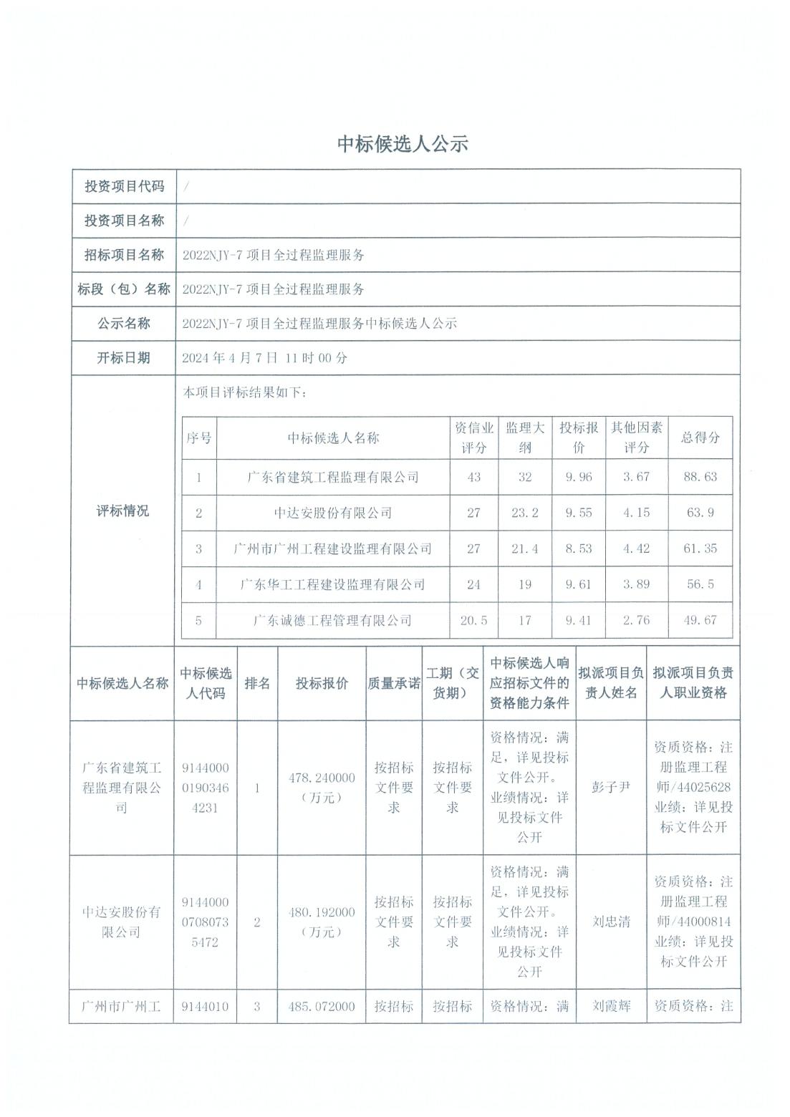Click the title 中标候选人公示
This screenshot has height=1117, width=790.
403,144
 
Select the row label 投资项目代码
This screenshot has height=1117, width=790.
125,186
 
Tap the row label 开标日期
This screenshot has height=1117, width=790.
124,358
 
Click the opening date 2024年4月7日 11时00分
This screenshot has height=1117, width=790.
264,358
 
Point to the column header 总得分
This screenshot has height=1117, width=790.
700,437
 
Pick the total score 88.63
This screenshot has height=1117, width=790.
700,477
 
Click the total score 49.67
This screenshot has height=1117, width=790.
700,620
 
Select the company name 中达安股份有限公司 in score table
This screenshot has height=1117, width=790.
333,513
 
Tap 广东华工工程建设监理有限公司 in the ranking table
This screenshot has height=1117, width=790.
333,584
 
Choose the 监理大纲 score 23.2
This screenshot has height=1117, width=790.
525,513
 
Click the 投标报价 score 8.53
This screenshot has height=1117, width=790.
579,548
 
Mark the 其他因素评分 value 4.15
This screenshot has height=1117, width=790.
636,513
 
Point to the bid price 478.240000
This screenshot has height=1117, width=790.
322,778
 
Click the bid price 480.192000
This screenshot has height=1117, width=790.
322,912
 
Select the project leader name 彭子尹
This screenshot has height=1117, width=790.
611,788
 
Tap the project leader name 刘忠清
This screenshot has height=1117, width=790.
611,922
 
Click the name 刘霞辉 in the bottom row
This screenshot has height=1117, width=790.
611,1006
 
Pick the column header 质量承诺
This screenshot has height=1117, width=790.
394,684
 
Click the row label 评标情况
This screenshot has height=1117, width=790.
123,511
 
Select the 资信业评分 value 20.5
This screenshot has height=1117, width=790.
473,620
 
